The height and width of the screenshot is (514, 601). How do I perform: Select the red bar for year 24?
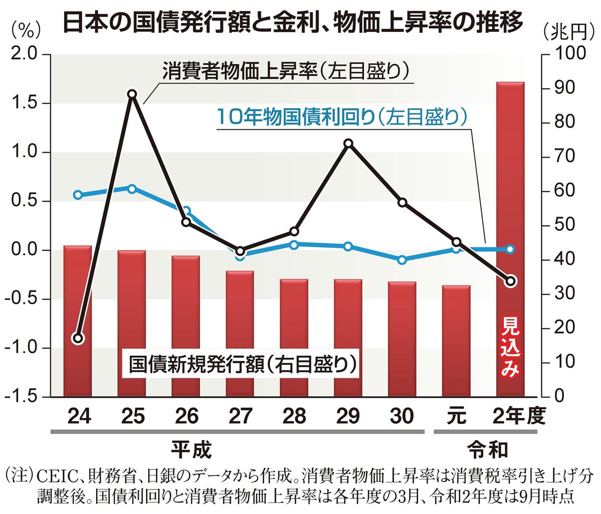(78, 320)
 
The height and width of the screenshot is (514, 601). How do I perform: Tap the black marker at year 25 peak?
(132, 95)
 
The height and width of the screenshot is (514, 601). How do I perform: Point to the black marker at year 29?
(349, 144)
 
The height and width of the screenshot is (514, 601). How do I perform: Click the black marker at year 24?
(78, 338)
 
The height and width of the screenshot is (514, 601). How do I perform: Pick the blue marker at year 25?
(132, 189)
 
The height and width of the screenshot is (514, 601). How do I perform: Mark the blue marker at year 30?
(402, 260)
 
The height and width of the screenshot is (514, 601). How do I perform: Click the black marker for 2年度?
(510, 281)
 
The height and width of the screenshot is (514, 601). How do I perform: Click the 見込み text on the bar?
(510, 346)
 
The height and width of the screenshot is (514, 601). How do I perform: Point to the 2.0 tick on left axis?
(25, 55)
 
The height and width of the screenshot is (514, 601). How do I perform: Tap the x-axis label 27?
(240, 416)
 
